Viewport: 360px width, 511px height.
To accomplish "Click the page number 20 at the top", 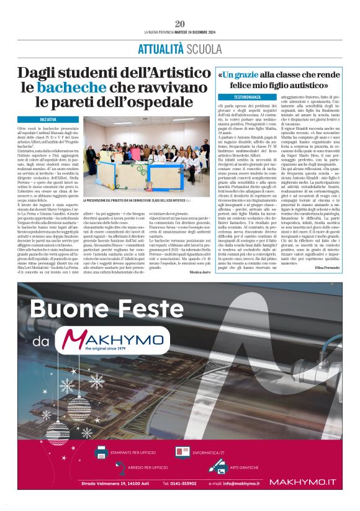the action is click(x=180, y=24).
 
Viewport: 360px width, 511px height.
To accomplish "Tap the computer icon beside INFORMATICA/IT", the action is click(x=182, y=452).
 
